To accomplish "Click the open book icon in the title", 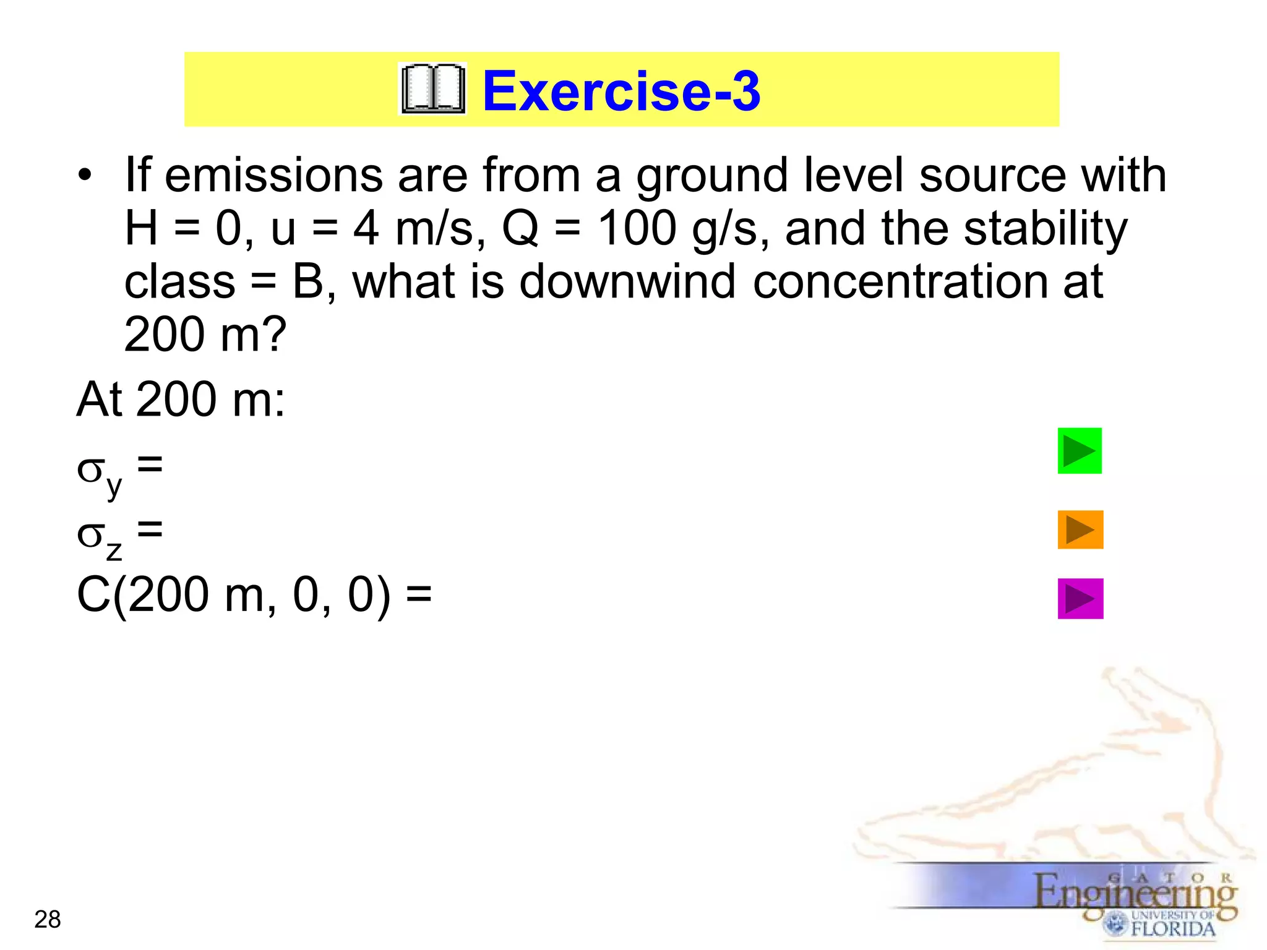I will point(432,90).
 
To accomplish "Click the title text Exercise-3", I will point(621,91).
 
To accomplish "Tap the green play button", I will point(1080,451).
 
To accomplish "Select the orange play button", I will point(1080,529).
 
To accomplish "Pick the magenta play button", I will point(1080,598).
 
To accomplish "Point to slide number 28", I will point(48,920).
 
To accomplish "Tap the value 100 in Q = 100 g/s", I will point(637,228).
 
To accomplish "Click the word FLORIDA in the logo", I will point(1173,928).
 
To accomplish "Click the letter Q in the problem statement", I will point(520,228).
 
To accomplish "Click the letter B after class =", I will point(308,281).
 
